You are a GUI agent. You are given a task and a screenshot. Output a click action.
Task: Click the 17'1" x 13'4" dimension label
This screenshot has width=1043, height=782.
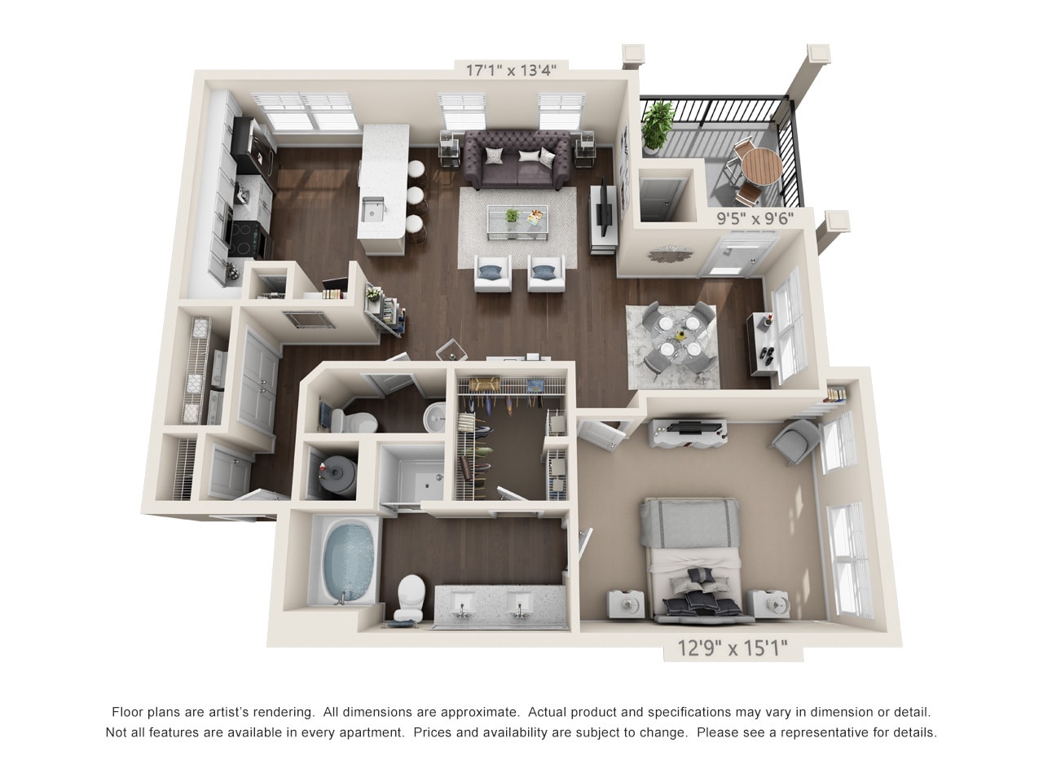click(510, 70)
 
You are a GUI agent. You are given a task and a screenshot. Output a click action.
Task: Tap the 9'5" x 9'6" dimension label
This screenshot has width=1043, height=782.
click(754, 218)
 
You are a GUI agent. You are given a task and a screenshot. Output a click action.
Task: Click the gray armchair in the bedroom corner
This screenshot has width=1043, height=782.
click(793, 442)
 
